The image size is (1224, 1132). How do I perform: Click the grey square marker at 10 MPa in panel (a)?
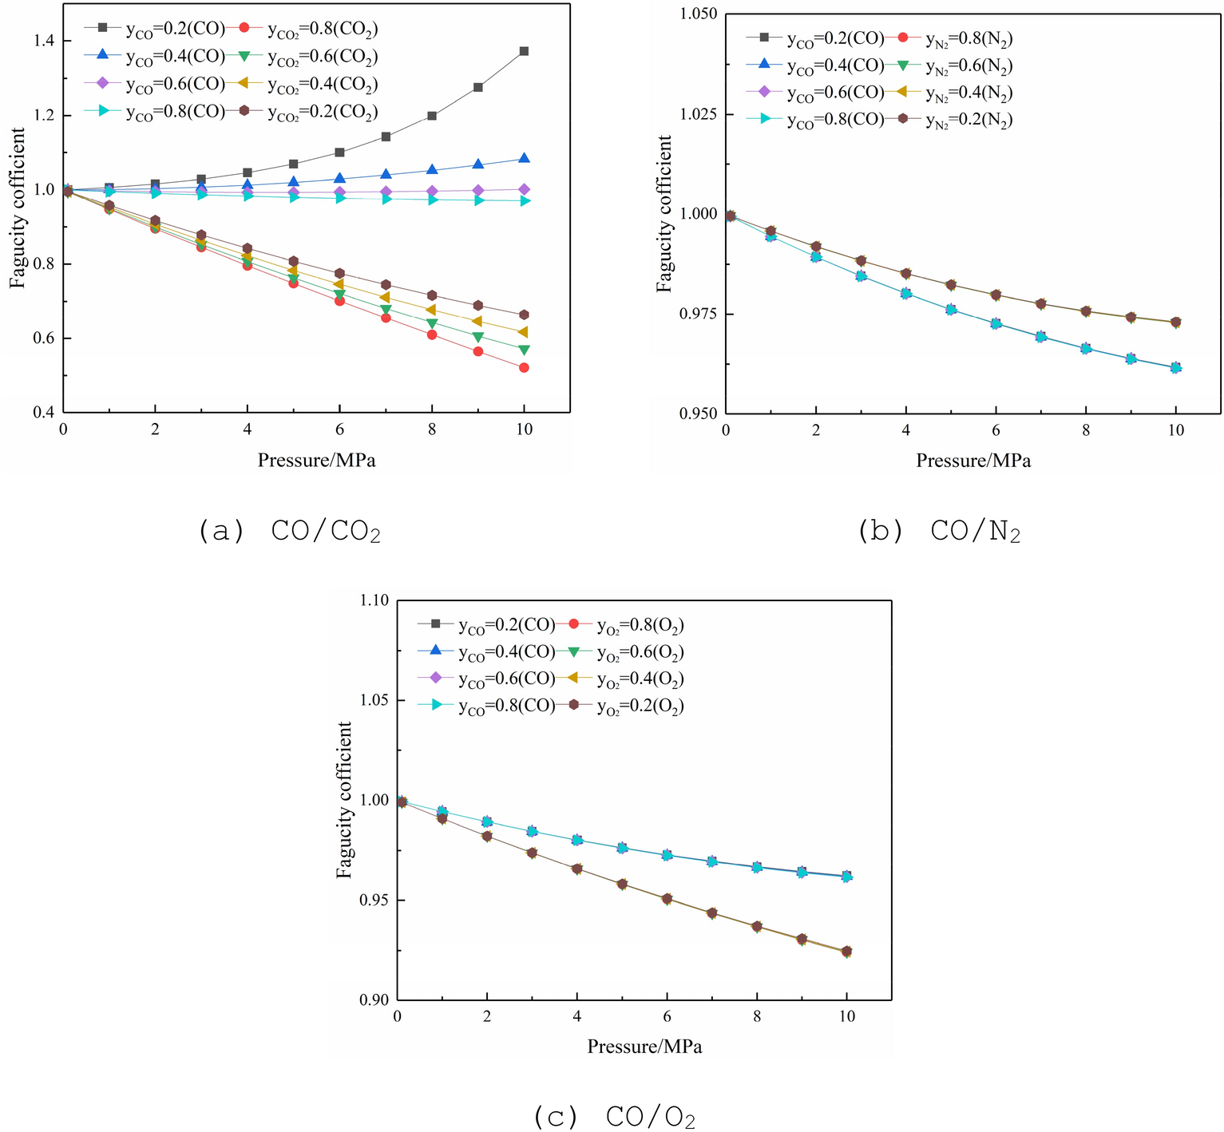(524, 51)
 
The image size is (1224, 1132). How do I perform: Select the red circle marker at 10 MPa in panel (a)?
(524, 368)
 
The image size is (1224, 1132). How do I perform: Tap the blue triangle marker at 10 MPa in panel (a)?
(524, 159)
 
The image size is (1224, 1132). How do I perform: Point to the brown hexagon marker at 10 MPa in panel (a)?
(524, 315)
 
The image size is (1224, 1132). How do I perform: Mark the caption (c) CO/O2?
(614, 1118)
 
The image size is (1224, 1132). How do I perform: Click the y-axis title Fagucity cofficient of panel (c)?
(344, 800)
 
